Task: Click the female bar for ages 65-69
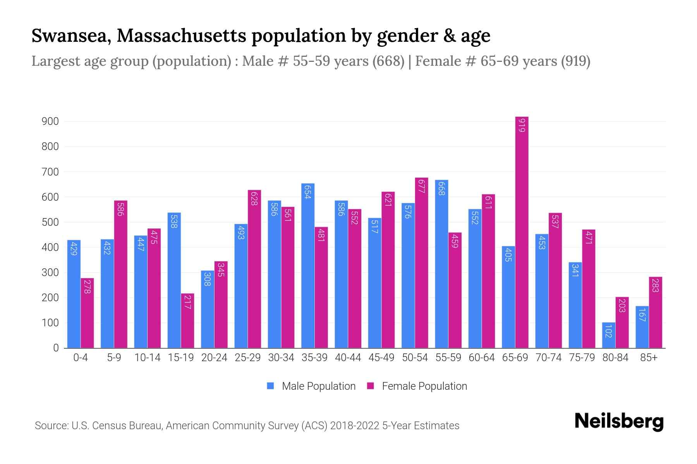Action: pos(522,232)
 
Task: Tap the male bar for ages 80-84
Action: pos(609,335)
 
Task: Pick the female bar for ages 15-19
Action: pos(187,321)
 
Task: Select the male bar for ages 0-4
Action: pos(74,294)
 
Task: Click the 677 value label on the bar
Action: pos(421,186)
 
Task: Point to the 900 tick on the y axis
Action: pos(50,121)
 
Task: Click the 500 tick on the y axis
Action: pos(50,222)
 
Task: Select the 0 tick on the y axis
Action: pos(56,348)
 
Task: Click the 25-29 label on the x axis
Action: pos(248,358)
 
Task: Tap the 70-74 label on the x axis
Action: pos(548,358)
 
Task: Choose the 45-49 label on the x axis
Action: pos(381,358)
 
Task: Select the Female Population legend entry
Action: pos(417,386)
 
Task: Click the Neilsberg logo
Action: pos(619,421)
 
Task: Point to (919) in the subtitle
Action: pos(575,61)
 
